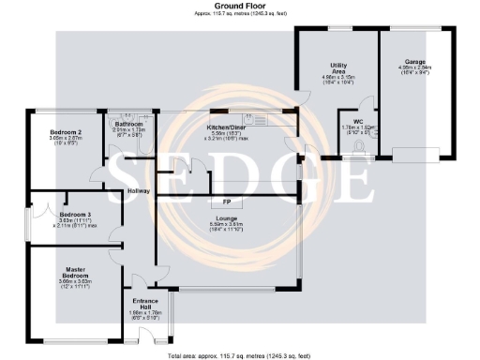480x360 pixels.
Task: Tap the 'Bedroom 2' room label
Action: click(66, 132)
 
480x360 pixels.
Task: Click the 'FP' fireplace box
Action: click(226, 202)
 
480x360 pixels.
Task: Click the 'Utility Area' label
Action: click(339, 67)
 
